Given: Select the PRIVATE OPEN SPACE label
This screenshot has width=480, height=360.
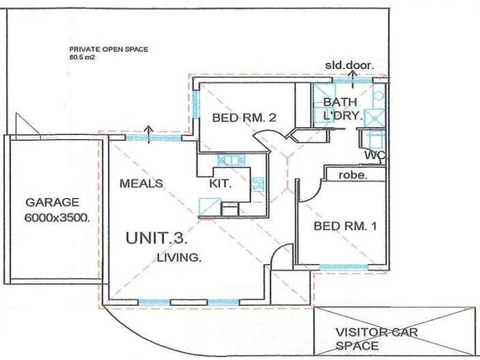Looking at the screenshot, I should [x=108, y=50].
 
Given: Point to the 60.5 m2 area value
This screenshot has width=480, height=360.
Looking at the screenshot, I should [x=82, y=58].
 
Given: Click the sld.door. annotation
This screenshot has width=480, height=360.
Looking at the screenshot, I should [x=349, y=65].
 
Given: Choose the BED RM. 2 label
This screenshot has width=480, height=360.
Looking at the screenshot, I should [x=244, y=118].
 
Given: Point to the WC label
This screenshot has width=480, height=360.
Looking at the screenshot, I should [x=374, y=155].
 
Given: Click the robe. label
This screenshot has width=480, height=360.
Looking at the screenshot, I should [x=353, y=176].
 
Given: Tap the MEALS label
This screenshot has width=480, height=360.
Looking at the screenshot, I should [x=141, y=183].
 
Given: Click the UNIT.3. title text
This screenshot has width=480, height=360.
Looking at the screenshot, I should [x=157, y=238].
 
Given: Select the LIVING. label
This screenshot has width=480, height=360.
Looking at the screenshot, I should [x=179, y=259].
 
